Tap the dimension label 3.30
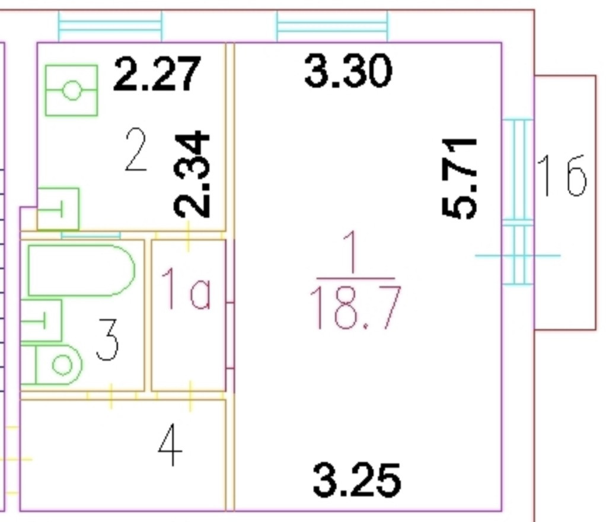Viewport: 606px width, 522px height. point(348,71)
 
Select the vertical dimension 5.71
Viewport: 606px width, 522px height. point(461,178)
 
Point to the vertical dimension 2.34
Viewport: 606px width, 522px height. point(193,174)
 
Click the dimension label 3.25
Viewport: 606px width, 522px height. point(356,480)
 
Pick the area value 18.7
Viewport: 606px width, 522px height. point(355,308)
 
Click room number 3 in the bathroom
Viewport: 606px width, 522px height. point(107,340)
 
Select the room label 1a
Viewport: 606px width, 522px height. point(186,290)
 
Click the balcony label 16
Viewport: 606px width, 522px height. point(562,176)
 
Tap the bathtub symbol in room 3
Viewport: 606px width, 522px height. point(81,270)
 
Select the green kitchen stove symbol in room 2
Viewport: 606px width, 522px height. point(72,91)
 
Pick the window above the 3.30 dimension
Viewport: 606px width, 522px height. point(332,27)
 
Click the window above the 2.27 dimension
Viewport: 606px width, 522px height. point(110,27)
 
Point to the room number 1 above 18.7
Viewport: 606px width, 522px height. point(354,253)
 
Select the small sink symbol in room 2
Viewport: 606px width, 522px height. point(58,208)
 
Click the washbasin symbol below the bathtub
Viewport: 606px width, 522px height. point(41,321)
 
